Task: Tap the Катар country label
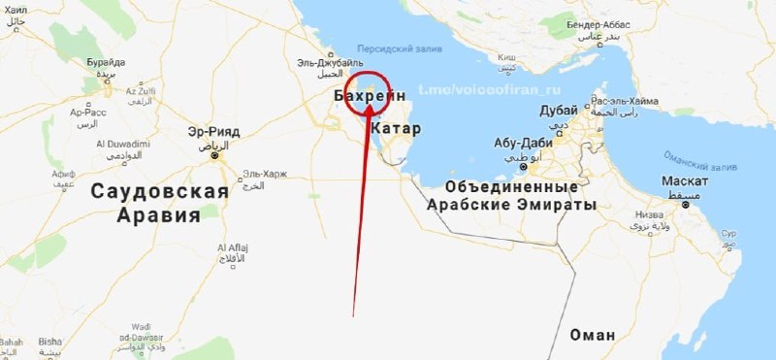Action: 395,128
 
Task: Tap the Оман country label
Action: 592,335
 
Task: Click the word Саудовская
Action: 159,191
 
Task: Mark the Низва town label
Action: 648,215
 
